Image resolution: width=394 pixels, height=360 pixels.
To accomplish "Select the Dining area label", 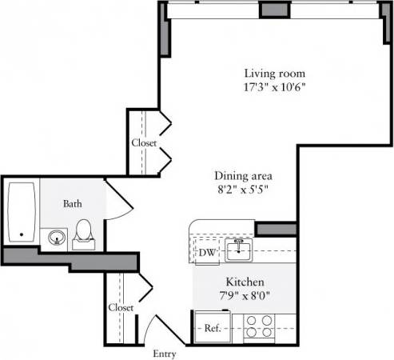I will pyautogui.click(x=244, y=175).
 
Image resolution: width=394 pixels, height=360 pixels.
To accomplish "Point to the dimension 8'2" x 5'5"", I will pyautogui.click(x=244, y=190).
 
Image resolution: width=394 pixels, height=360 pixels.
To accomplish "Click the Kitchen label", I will pyautogui.click(x=245, y=282).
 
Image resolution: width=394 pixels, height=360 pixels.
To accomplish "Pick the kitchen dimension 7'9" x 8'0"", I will pyautogui.click(x=245, y=296).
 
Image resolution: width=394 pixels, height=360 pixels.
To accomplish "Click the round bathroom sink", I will pyautogui.click(x=56, y=237).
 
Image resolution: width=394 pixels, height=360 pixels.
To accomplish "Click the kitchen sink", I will pyautogui.click(x=239, y=250).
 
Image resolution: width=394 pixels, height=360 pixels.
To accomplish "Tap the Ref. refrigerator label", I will pyautogui.click(x=212, y=327).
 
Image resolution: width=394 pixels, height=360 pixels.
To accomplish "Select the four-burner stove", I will pyautogui.click(x=258, y=326).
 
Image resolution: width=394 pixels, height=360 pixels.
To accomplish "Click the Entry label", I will pyautogui.click(x=164, y=352).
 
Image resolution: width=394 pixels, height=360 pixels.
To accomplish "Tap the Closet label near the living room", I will pyautogui.click(x=144, y=143).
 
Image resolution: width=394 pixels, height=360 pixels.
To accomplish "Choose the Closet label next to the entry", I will pyautogui.click(x=120, y=307).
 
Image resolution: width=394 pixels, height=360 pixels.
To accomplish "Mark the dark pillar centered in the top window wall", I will pyautogui.click(x=274, y=9).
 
